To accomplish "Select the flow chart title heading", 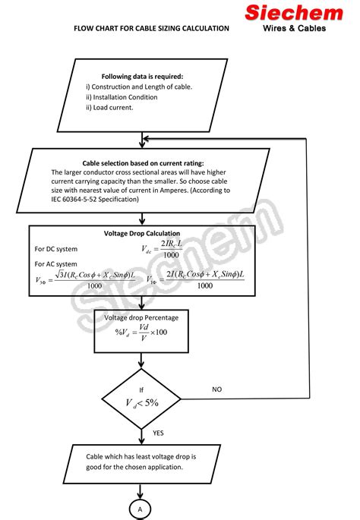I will (151, 28).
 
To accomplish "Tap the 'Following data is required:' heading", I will (142, 76).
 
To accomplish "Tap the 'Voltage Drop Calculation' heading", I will (142, 233).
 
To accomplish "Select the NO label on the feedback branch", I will (216, 389).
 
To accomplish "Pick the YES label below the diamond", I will (158, 433).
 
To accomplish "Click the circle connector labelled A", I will (141, 510).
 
